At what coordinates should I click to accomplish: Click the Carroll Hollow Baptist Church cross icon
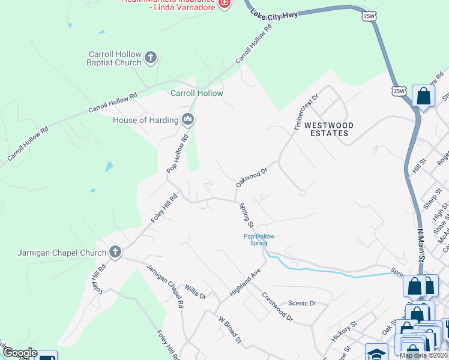[150, 58]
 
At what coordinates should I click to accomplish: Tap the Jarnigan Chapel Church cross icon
[115, 253]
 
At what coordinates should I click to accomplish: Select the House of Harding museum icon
[188, 120]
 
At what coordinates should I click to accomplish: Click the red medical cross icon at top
[224, 3]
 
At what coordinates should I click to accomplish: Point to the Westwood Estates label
[328, 129]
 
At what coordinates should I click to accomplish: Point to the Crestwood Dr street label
[277, 306]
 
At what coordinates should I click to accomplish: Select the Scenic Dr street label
[302, 304]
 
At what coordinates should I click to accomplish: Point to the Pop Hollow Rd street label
[178, 153]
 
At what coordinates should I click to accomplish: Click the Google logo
[20, 353]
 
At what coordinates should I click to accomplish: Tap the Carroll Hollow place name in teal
[197, 93]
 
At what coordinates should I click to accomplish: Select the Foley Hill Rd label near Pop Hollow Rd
[164, 208]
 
